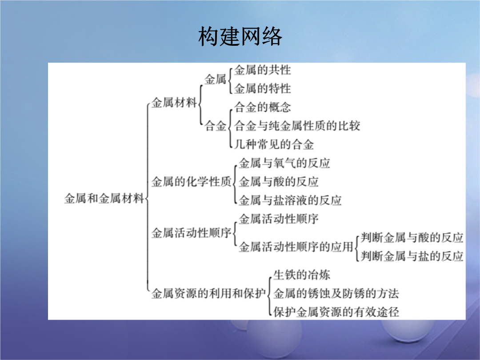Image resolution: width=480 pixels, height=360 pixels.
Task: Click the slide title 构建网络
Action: coord(240,36)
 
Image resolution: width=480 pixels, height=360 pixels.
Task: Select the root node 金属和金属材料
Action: coord(104,198)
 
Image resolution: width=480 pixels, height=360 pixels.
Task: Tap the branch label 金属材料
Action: coord(174,103)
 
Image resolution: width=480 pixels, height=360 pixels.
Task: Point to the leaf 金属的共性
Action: coord(263,70)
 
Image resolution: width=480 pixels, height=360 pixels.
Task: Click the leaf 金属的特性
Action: coord(263,88)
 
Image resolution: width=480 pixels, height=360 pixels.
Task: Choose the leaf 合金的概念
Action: coord(263,107)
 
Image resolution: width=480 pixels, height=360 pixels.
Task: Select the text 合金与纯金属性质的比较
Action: coord(297,126)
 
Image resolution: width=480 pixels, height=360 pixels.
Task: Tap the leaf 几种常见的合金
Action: coord(274,144)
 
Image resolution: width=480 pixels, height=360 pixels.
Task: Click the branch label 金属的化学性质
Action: coord(192,181)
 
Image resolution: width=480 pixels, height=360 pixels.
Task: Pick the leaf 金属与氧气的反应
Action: coord(284,163)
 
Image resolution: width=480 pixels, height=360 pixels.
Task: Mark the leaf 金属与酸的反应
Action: coord(279,181)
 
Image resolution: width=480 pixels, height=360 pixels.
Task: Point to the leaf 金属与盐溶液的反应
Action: coord(290,200)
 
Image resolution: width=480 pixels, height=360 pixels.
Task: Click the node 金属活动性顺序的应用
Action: coord(296,247)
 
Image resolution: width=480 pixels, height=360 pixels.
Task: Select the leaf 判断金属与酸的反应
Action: coord(412,237)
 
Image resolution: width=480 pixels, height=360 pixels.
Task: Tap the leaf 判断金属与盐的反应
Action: coord(412,256)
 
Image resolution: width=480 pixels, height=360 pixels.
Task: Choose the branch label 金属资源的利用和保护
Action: coord(209,293)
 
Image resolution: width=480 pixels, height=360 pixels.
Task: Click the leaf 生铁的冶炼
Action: coord(302,275)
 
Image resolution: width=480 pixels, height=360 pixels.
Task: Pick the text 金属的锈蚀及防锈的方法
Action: coord(336,293)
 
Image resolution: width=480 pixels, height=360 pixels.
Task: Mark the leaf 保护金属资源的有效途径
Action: coord(336,312)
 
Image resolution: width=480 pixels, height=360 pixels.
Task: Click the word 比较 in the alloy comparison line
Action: coord(349,126)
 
